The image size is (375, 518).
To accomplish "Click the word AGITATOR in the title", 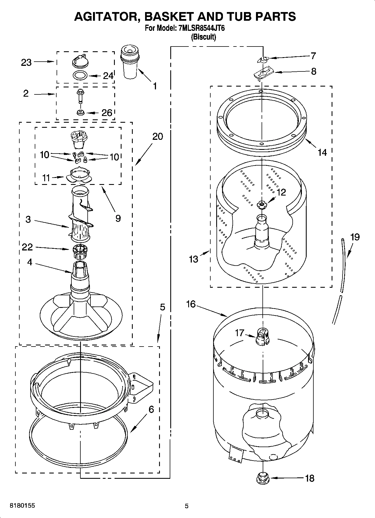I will (x=107, y=17).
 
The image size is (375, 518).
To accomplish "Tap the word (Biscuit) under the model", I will (x=203, y=37).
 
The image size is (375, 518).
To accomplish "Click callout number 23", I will (x=26, y=62).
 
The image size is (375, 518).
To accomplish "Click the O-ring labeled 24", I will (x=80, y=75).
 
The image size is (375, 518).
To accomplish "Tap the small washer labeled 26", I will (x=81, y=113).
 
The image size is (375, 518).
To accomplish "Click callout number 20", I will (x=157, y=136).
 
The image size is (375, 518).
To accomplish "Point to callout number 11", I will (x=46, y=178).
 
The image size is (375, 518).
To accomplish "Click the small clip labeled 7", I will (x=263, y=59).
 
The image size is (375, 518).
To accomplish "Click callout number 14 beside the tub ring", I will (x=322, y=152).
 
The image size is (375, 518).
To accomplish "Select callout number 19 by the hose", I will (x=355, y=237).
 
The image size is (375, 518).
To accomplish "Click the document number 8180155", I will (x=22, y=506).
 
